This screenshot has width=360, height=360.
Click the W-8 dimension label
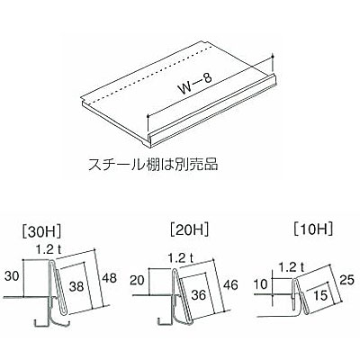click(x=195, y=85)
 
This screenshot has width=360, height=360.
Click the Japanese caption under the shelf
click(x=153, y=165)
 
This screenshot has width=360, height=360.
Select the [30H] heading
click(x=41, y=231)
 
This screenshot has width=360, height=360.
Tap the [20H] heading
click(x=189, y=230)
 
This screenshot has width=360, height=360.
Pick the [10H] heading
click(x=313, y=229)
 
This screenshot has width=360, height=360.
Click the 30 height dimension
click(x=12, y=276)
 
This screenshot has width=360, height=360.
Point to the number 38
click(x=76, y=286)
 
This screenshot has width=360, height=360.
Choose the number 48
click(x=109, y=278)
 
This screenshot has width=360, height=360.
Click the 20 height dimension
click(x=137, y=281)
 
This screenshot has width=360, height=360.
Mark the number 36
click(x=199, y=294)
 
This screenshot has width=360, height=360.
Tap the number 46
click(x=230, y=284)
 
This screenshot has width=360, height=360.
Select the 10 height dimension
click(x=261, y=283)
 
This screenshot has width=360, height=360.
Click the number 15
click(x=321, y=296)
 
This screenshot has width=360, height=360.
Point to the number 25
click(x=346, y=280)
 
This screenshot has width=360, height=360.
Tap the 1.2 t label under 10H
click(x=291, y=267)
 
